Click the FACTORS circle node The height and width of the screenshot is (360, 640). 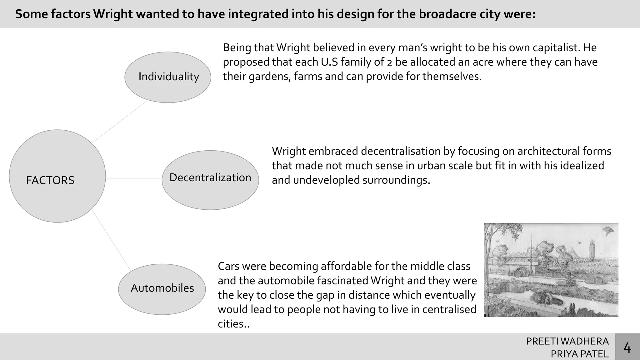tap(57, 176)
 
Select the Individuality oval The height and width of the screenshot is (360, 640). tap(168, 77)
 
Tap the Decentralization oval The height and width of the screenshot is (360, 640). tap(210, 180)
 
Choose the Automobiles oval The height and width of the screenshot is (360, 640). tap(162, 289)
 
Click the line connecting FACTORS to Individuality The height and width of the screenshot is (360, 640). tap(119, 122)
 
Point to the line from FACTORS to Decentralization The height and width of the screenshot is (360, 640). tap(134, 179)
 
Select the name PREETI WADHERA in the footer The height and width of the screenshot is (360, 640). tap(567, 341)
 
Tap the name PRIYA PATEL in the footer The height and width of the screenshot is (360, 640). tap(580, 354)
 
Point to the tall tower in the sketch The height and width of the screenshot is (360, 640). tap(592, 250)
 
